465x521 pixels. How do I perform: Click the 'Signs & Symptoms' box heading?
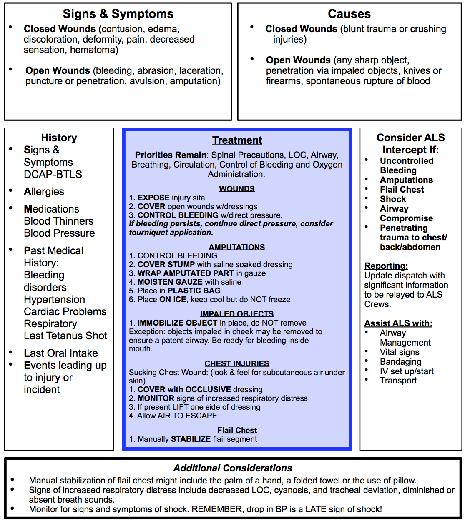coord(118,14)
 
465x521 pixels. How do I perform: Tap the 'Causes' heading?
coord(349,14)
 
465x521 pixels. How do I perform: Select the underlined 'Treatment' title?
coord(237,140)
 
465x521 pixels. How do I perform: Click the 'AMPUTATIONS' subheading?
coord(237,247)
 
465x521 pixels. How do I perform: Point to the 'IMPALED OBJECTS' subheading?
coord(237,314)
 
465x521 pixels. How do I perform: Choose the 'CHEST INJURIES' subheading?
coord(237,363)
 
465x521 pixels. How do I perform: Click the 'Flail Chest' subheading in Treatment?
coord(237,430)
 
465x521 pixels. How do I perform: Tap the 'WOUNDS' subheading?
coord(237,189)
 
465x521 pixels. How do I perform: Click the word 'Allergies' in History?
coord(44,192)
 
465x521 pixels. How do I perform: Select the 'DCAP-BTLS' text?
coord(53,174)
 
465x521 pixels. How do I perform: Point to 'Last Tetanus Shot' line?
coord(65,336)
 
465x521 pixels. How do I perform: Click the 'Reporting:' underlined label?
coord(386,266)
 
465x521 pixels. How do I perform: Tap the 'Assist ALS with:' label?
coord(398,323)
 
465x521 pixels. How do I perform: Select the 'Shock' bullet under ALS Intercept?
coord(393,199)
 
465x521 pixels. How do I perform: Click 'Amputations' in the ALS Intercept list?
coord(406,180)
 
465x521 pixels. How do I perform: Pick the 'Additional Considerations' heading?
coord(233,468)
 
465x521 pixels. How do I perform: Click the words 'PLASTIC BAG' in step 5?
coord(194,291)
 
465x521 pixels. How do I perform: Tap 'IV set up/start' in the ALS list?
coord(407,371)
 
